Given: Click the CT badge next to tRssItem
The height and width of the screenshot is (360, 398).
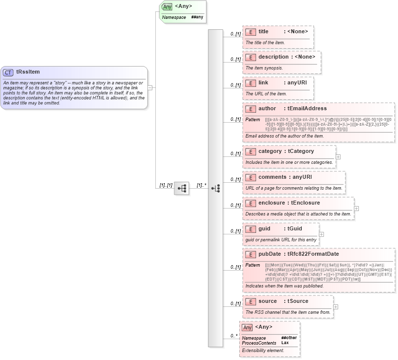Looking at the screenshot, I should coord(8,72).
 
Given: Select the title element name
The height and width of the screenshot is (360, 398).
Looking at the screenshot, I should coord(263,32).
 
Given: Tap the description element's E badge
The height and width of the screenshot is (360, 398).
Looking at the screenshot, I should coord(251,57).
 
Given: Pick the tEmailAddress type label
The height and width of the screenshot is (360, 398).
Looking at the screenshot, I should coord(307,108).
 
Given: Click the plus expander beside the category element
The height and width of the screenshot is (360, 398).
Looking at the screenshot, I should coord(338,156).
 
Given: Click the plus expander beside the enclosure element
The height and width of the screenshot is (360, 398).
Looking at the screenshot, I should coord(356,209).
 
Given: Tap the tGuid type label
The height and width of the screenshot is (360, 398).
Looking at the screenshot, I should coord(295,229).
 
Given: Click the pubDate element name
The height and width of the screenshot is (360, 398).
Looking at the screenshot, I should coord(269,254).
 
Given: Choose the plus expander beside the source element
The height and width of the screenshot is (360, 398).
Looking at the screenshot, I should coord(336,306).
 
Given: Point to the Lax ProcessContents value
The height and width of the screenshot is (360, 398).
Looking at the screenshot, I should coord(285,343).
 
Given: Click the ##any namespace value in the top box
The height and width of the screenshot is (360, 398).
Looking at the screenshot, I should coord(197,17).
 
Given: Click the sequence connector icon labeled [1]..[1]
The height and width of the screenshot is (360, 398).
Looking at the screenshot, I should coord(182,188).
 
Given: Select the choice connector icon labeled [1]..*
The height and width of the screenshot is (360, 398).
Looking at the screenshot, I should coord(215,188).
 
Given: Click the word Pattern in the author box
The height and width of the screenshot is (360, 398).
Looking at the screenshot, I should coord(253,120).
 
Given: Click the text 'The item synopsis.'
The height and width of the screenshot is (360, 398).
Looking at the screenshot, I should coord(265,68).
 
